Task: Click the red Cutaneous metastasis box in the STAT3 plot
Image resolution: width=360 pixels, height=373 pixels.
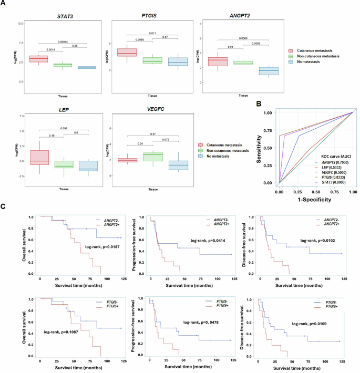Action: click(39, 59)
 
